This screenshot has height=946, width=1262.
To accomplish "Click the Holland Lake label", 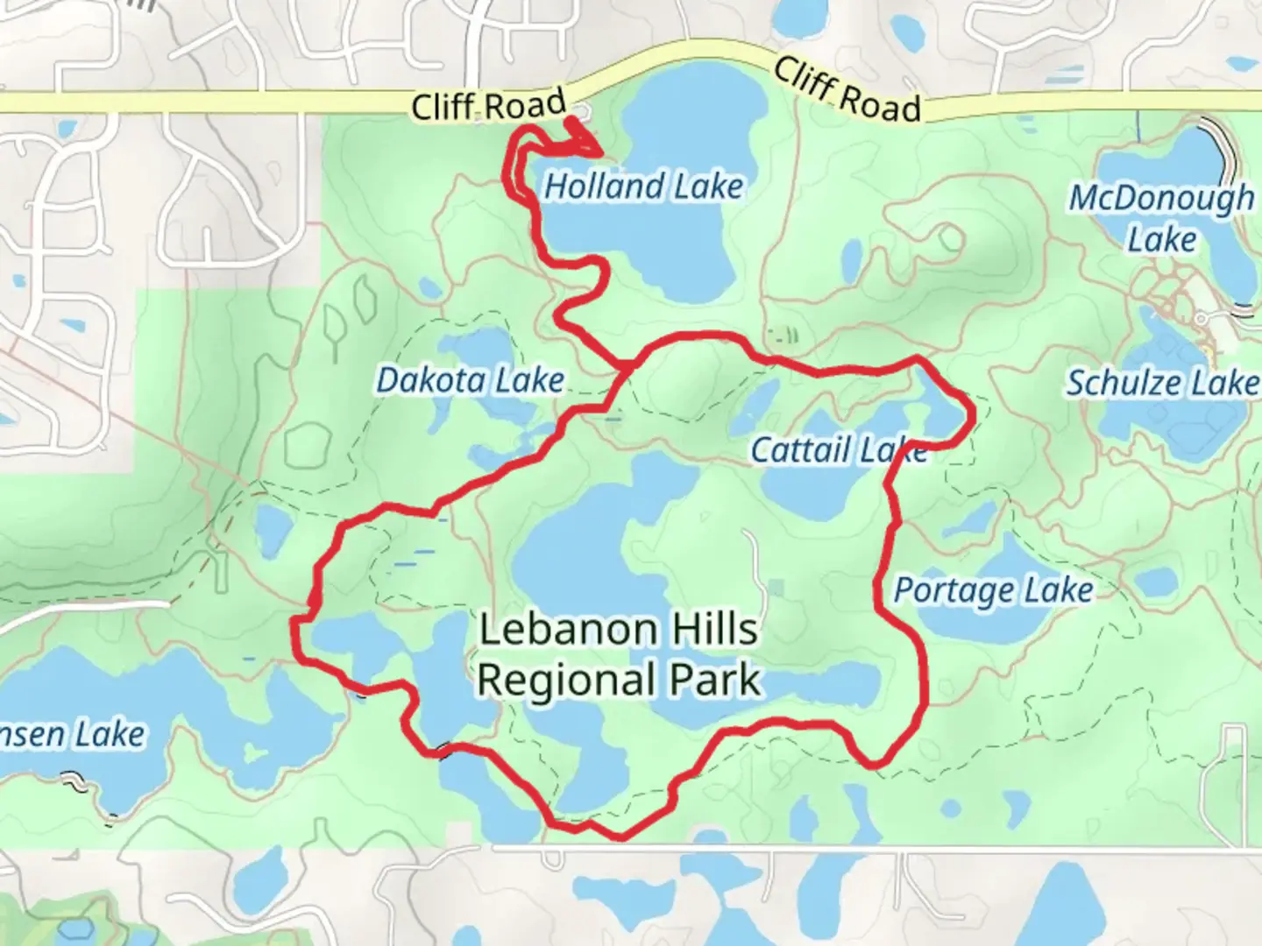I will pyautogui.click(x=643, y=187).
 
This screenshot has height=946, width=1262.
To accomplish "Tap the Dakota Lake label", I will pyautogui.click(x=470, y=381).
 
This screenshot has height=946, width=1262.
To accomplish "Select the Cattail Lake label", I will pyautogui.click(x=839, y=450).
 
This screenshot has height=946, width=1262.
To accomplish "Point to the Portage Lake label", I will pyautogui.click(x=993, y=590).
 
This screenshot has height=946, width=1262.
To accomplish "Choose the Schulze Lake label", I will pyautogui.click(x=1161, y=383).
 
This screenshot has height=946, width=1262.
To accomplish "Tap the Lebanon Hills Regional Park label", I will pyautogui.click(x=619, y=654).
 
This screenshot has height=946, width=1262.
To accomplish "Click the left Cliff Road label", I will pyautogui.click(x=489, y=107).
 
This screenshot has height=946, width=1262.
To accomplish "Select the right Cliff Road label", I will pyautogui.click(x=847, y=92).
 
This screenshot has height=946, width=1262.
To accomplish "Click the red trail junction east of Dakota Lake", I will pyautogui.click(x=627, y=364).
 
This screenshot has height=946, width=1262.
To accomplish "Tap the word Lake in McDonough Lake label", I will pyautogui.click(x=1161, y=239).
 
